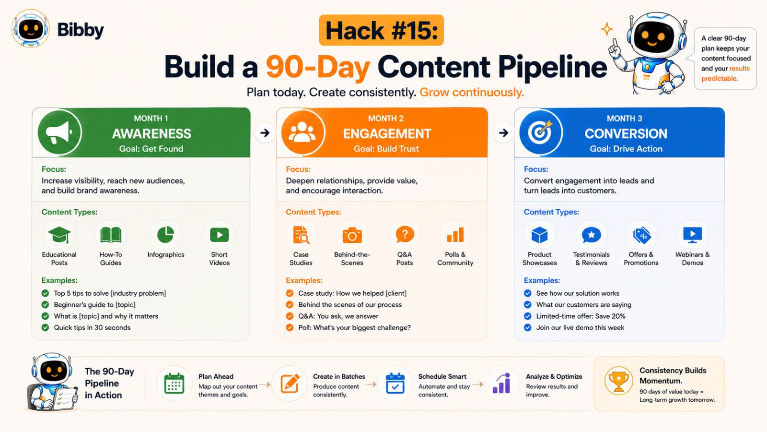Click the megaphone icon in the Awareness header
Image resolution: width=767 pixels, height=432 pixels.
[58, 132]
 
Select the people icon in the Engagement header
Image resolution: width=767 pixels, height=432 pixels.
[302, 132]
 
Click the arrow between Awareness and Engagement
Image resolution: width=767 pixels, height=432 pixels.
[265, 132]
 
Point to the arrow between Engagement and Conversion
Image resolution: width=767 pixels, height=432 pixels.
[503, 132]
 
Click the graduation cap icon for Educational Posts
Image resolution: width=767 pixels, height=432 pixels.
[59, 235]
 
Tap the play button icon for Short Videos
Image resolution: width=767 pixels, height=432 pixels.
[219, 235]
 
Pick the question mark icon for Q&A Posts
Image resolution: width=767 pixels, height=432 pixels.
[405, 235]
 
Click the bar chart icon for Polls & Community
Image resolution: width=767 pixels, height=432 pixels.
[455, 235]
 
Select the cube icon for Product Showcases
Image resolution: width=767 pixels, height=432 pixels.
[539, 235]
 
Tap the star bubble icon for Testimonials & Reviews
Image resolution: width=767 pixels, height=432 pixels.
[592, 235]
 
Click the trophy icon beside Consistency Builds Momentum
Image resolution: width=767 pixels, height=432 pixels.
[618, 381]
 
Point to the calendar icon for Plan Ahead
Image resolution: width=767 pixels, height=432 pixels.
[174, 384]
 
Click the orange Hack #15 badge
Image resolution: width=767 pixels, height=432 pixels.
[381, 30]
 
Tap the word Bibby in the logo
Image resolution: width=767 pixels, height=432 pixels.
[81, 30]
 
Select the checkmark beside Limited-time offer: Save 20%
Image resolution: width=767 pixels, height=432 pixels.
[528, 316]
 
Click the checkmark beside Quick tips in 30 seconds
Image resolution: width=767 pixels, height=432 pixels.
[45, 327]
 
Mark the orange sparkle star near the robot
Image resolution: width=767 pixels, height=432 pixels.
[607, 29]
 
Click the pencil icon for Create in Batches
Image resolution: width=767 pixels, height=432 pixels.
[290, 384]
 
